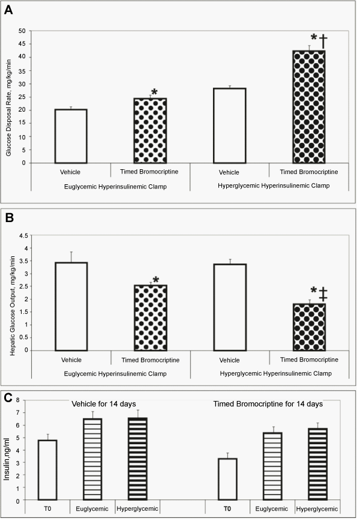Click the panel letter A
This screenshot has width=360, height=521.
[x=8, y=10]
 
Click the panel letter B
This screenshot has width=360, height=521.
[x=8, y=217]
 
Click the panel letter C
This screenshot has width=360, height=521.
[x=8, y=398]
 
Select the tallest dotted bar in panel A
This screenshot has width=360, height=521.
[x=309, y=107]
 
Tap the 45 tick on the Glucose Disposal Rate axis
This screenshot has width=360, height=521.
[x=22, y=44]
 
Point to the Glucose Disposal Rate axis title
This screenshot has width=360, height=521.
[x=8, y=107]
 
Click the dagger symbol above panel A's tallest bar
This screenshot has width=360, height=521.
[x=323, y=41]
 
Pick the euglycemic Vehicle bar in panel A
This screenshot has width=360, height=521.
[x=71, y=136]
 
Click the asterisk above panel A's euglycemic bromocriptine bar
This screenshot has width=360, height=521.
[x=154, y=92]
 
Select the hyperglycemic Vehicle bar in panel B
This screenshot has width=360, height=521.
[x=230, y=307]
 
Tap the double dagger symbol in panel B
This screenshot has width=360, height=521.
[x=323, y=294]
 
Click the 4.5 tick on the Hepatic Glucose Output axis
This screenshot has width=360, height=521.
[x=23, y=235]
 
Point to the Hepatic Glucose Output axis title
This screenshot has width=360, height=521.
[x=13, y=306]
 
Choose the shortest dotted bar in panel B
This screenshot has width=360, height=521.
[x=309, y=327]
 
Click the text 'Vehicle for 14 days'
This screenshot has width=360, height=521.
[x=104, y=404]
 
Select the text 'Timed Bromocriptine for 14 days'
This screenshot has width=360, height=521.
[x=268, y=404]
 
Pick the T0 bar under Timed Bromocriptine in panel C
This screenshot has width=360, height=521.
[x=227, y=479]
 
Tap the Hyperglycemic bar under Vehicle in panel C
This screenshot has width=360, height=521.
[x=137, y=459]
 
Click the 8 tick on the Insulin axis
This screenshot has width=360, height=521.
[x=18, y=400]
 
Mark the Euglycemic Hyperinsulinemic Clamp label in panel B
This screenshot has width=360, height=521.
[x=115, y=374]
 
